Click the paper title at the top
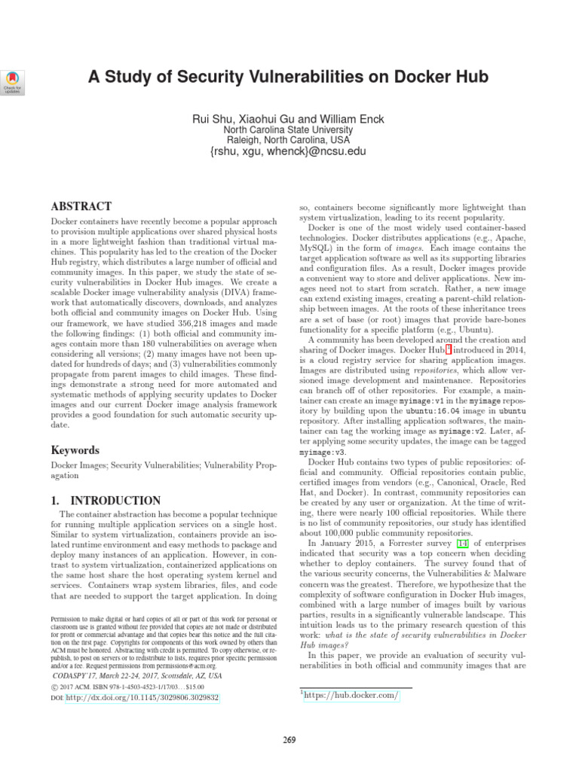point(289,77)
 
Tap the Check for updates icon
point(14,81)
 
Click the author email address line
point(289,151)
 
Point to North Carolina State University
point(289,130)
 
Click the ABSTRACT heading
point(81,206)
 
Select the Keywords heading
point(75,449)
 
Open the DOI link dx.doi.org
point(142,698)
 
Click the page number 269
point(289,740)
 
